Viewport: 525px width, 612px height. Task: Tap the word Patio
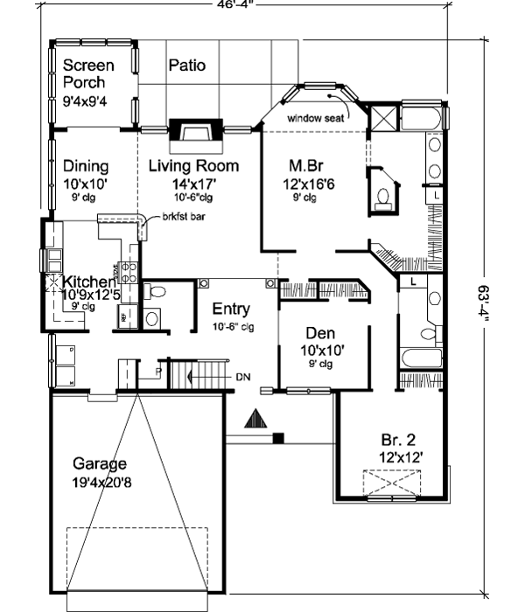pyautogui.click(x=186, y=65)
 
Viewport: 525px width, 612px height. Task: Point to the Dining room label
pyautogui.click(x=86, y=166)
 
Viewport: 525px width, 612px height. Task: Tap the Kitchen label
pyautogui.click(x=87, y=282)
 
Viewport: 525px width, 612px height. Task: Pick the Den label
pyautogui.click(x=321, y=333)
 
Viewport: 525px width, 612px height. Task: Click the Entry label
pyautogui.click(x=232, y=309)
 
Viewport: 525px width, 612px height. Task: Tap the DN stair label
pyautogui.click(x=244, y=378)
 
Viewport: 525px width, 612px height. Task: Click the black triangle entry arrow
pyautogui.click(x=254, y=420)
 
